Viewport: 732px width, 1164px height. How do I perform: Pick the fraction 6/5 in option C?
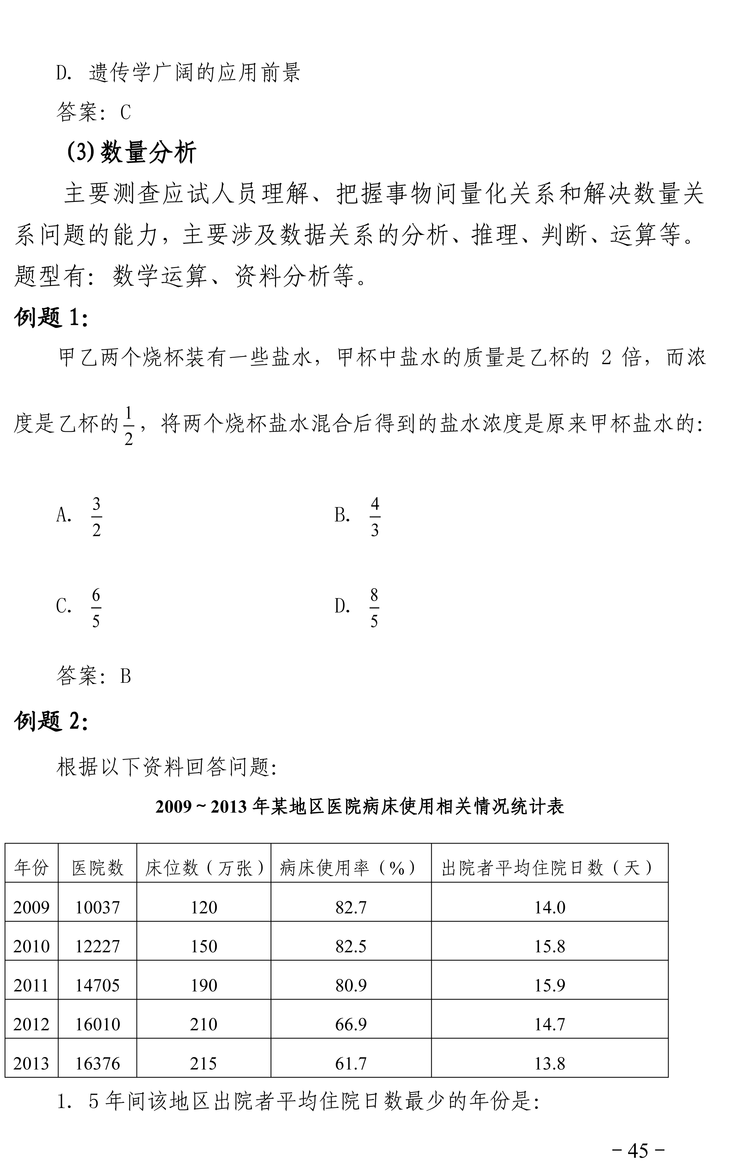click(x=96, y=608)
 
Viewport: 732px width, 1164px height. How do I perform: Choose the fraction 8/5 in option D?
click(x=374, y=608)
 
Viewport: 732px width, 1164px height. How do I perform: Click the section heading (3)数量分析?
click(x=131, y=153)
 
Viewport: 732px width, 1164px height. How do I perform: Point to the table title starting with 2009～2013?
click(x=360, y=807)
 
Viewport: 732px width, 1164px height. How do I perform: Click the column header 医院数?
click(x=98, y=868)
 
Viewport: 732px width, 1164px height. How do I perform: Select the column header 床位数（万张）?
click(x=203, y=868)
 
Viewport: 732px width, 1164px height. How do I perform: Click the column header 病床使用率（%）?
click(x=351, y=868)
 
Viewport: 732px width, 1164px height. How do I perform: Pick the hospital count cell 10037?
click(x=98, y=907)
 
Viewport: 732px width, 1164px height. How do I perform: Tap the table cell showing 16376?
click(x=98, y=1063)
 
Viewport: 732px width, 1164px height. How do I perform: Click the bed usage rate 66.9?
click(x=351, y=1024)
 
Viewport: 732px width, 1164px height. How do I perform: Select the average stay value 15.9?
click(x=550, y=985)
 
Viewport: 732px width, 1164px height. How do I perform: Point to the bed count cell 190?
click(x=203, y=985)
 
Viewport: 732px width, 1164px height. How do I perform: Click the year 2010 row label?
click(x=32, y=946)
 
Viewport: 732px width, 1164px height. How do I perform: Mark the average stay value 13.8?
click(x=550, y=1063)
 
